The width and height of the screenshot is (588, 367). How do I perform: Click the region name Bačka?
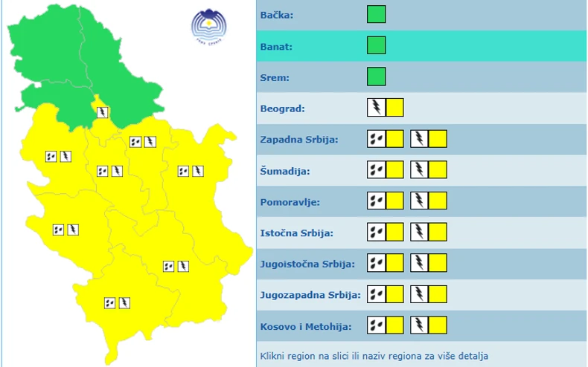pyautogui.click(x=276, y=15)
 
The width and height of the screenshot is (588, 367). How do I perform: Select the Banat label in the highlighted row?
pyautogui.click(x=276, y=46)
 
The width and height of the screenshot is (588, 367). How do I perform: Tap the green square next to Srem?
pyautogui.click(x=377, y=77)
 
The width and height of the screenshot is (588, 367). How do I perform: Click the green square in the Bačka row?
pyautogui.click(x=377, y=14)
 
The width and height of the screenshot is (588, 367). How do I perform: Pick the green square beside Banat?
pyautogui.click(x=377, y=45)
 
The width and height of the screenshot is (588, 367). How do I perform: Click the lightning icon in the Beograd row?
pyautogui.click(x=377, y=108)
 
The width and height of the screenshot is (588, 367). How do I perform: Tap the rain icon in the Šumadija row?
pyautogui.click(x=377, y=170)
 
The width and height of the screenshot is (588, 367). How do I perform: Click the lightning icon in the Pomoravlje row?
pyautogui.click(x=420, y=201)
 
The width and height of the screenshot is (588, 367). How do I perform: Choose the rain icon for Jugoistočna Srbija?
pyautogui.click(x=377, y=263)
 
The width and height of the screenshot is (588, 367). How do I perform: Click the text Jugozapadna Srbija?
pyautogui.click(x=310, y=295)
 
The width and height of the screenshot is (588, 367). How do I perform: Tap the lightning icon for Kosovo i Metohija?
pyautogui.click(x=420, y=325)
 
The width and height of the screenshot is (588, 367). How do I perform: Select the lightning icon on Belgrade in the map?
pyautogui.click(x=103, y=112)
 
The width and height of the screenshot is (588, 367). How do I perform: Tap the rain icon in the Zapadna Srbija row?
pyautogui.click(x=377, y=139)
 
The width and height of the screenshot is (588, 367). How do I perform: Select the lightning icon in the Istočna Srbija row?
pyautogui.click(x=420, y=233)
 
